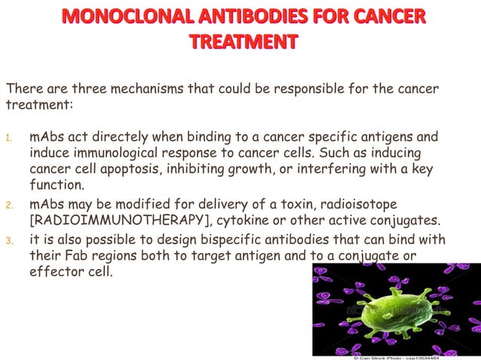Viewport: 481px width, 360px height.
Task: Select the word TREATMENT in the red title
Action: [240, 42]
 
